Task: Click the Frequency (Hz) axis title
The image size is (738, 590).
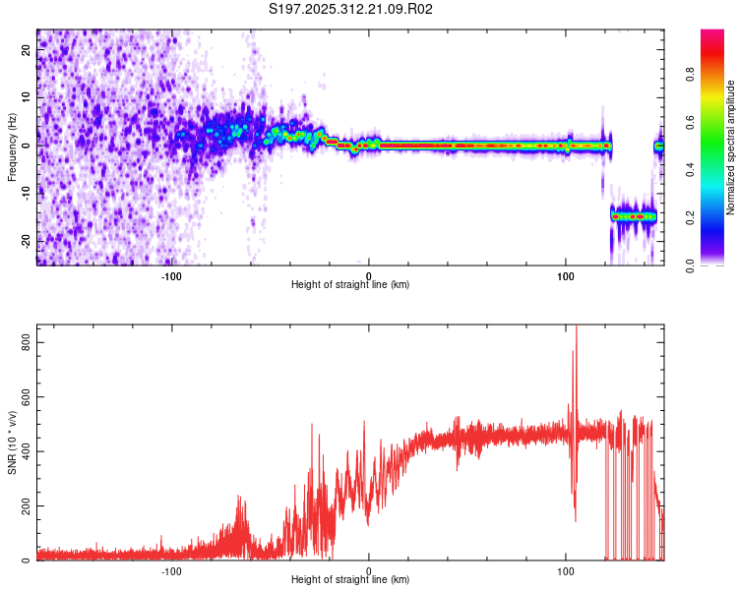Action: (x=13, y=147)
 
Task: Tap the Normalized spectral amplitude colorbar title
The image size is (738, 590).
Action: (x=731, y=148)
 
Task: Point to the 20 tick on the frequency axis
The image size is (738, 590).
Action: (x=26, y=51)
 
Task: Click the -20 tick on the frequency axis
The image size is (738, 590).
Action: (x=24, y=240)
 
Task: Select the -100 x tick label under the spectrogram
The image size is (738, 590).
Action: (x=171, y=274)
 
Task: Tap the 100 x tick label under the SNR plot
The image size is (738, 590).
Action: (x=566, y=570)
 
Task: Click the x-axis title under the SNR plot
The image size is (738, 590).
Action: (x=350, y=580)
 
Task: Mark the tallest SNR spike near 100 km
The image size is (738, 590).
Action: (x=577, y=330)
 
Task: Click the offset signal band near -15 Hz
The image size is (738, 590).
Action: (x=633, y=215)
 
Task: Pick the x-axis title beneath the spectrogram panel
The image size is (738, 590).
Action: (x=350, y=284)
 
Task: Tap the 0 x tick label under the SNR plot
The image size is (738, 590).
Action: (x=369, y=570)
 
